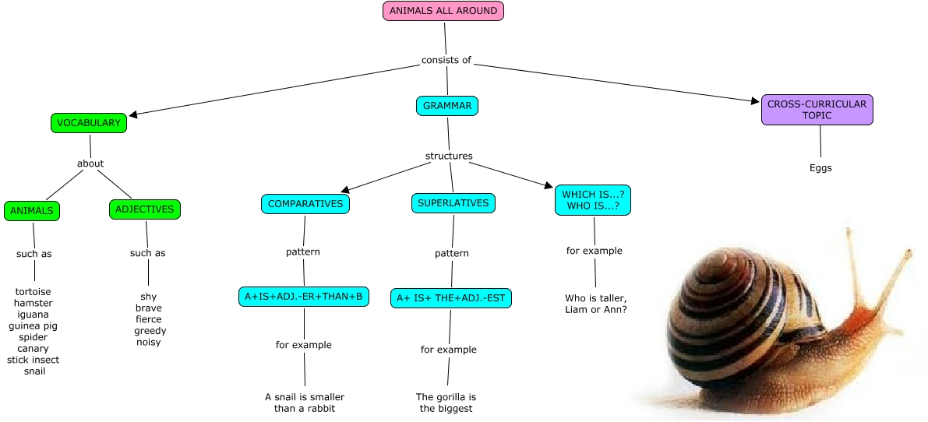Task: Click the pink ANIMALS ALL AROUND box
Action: coord(443,11)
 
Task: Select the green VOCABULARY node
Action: coord(89,123)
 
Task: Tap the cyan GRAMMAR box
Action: coord(447,105)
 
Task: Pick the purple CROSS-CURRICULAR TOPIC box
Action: coord(817,110)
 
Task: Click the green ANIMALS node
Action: coord(32,211)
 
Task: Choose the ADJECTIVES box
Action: coord(145,209)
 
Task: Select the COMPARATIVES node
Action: coord(305,204)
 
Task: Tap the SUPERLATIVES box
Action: coord(453,203)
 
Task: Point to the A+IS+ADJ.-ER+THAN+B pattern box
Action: coord(305,297)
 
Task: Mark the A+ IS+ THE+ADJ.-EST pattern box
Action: coord(451,298)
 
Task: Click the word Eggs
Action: coord(820,167)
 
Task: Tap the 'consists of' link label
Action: coord(446,60)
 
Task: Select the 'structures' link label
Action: coord(449,156)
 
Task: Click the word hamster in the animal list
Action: coord(33,303)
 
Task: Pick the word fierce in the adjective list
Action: coord(149,319)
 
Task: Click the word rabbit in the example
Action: coord(319,408)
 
